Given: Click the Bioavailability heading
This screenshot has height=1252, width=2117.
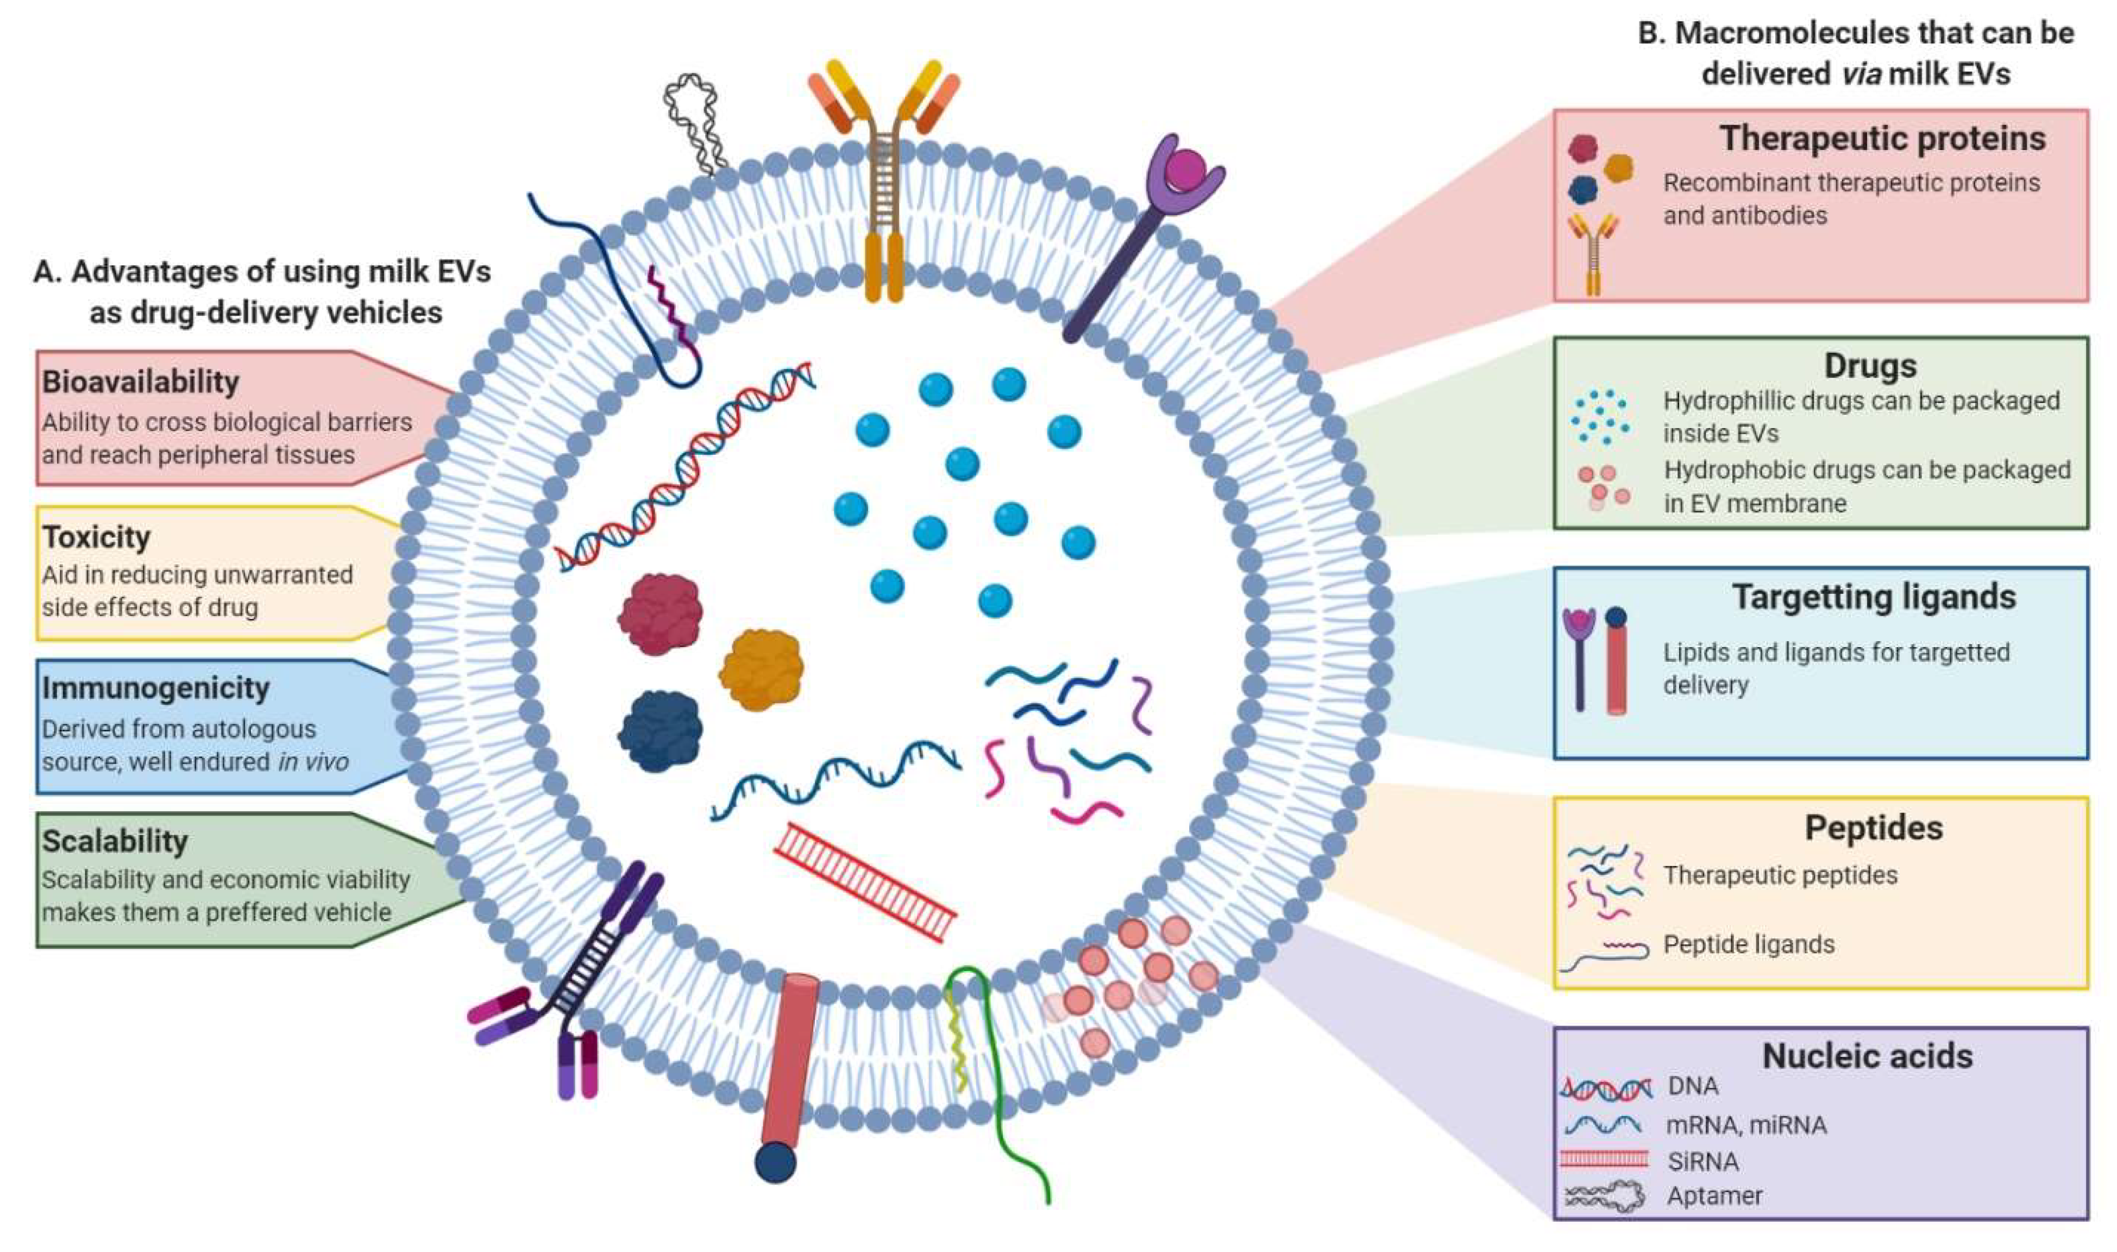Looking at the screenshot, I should pos(140,381).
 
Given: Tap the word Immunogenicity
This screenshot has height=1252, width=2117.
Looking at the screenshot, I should pos(155,687).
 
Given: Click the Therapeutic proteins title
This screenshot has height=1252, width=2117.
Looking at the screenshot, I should pos(1882,139).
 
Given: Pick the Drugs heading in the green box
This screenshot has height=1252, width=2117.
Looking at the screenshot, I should pos(1870,365).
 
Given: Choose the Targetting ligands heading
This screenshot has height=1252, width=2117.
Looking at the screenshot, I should pos(1874,597).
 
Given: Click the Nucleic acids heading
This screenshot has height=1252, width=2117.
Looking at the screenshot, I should pos(1867,1056).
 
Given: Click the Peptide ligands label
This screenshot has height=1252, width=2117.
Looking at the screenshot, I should pos(1749,944).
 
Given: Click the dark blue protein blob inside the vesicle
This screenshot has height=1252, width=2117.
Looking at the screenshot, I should pos(661,731).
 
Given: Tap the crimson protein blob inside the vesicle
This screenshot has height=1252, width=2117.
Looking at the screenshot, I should pos(661,614).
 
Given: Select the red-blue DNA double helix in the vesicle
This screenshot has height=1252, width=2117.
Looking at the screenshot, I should pos(685,467).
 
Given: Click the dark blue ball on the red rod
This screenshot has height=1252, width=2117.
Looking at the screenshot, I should pos(775,1162).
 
